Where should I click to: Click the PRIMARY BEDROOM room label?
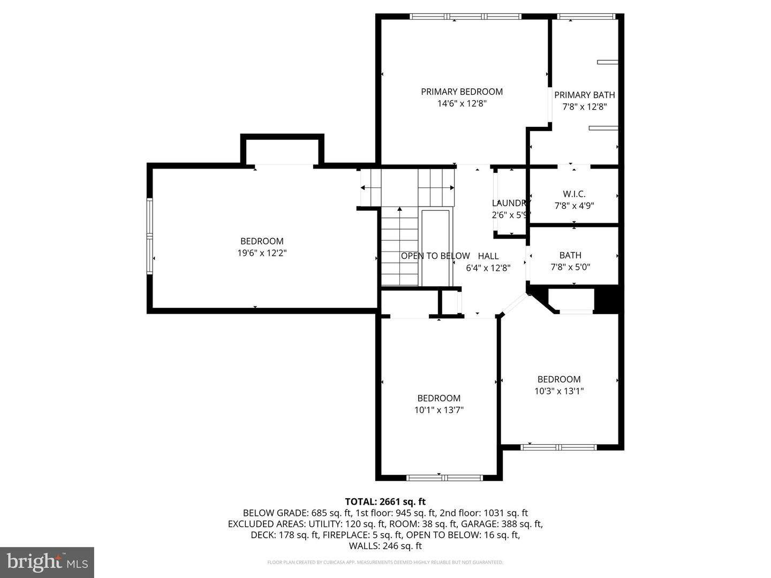tap(462, 92)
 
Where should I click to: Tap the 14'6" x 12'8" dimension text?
tap(462, 104)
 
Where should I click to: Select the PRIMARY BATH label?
tap(584, 95)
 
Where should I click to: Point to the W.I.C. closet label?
tap(574, 194)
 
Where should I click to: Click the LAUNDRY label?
tap(510, 203)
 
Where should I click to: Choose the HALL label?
tap(488, 256)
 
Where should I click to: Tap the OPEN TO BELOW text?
tap(435, 256)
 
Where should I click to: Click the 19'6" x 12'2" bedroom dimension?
tap(262, 253)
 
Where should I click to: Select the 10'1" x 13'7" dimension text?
tap(439, 410)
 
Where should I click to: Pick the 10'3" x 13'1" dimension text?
tap(559, 391)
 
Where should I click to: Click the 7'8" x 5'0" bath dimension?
tap(570, 267)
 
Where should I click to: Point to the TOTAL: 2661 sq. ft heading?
tap(385, 501)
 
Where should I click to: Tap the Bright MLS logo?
tap(47, 562)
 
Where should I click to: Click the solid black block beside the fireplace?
tap(607, 300)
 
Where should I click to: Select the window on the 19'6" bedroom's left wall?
tap(150, 236)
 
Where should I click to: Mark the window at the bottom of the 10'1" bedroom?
tap(444, 477)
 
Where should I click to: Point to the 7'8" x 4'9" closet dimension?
tap(574, 206)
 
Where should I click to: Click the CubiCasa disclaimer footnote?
tap(385, 562)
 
